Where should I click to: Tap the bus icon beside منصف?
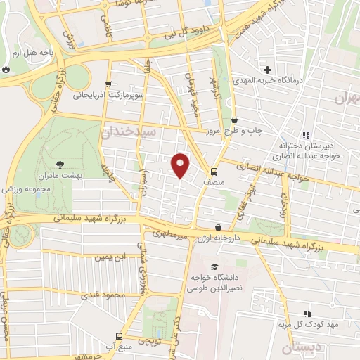click(214, 171)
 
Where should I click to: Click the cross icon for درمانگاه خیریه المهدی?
click(267, 69)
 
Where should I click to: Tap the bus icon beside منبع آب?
click(119, 335)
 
